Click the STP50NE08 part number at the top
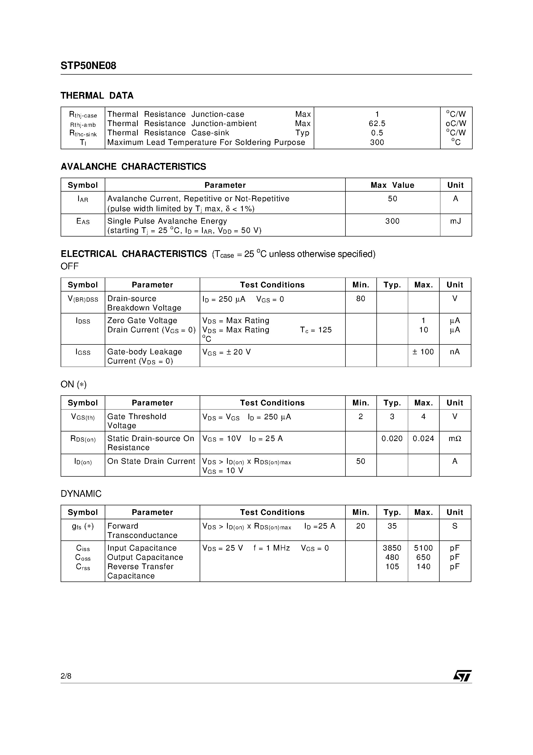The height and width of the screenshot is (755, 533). (88, 66)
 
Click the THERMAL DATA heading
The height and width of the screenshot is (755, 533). (97, 96)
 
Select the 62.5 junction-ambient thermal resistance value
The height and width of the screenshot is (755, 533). (377, 124)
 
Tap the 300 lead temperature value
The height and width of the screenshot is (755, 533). (377, 142)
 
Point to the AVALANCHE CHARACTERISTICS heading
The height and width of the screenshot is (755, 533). (133, 167)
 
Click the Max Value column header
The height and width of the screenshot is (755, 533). (392, 185)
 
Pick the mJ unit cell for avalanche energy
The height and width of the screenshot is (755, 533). (455, 221)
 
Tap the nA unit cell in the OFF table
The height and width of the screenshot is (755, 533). (455, 352)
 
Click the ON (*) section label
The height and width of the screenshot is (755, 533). (74, 384)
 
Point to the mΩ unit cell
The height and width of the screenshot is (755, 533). (455, 439)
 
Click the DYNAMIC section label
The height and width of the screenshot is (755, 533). (81, 494)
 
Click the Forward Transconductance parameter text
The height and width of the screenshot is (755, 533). (142, 531)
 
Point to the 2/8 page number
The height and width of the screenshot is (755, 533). (66, 676)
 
